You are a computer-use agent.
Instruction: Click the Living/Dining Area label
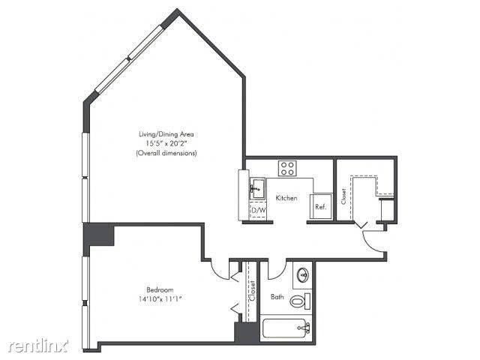(x=166, y=133)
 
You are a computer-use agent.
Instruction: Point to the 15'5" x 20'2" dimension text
(x=166, y=143)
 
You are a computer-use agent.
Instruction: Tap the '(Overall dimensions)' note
(x=166, y=153)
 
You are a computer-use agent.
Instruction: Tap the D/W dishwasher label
(x=259, y=210)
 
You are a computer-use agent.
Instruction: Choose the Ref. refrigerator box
(x=319, y=207)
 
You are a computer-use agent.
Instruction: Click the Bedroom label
(x=160, y=289)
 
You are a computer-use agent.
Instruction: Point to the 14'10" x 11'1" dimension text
(x=160, y=299)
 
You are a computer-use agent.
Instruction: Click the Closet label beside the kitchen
(x=343, y=196)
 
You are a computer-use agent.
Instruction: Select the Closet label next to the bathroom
(x=253, y=291)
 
